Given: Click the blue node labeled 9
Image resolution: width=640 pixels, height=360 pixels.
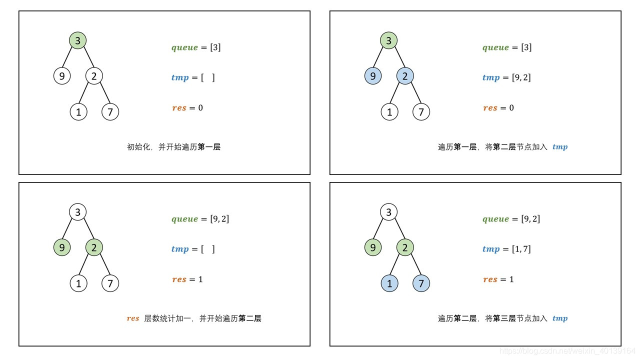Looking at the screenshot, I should click(373, 76).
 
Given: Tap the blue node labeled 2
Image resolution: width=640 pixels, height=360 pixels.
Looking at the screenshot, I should click(405, 76).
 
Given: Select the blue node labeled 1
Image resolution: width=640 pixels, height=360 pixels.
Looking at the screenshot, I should click(389, 283).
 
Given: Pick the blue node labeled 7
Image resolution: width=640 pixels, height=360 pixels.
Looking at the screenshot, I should click(421, 283).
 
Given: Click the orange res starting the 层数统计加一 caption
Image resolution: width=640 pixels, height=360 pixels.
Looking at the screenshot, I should click(133, 318).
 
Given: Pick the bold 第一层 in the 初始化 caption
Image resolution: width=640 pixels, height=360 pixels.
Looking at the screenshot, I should click(209, 147).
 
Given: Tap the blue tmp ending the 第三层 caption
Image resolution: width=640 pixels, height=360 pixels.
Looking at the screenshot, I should click(560, 318).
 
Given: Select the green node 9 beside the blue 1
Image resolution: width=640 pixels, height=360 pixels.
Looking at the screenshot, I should click(373, 247).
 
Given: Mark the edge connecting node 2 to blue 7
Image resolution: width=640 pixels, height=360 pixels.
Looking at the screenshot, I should click(414, 266).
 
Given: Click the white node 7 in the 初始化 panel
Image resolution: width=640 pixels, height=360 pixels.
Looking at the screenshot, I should click(110, 112).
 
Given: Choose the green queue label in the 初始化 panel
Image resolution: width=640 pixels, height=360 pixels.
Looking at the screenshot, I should click(184, 48).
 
